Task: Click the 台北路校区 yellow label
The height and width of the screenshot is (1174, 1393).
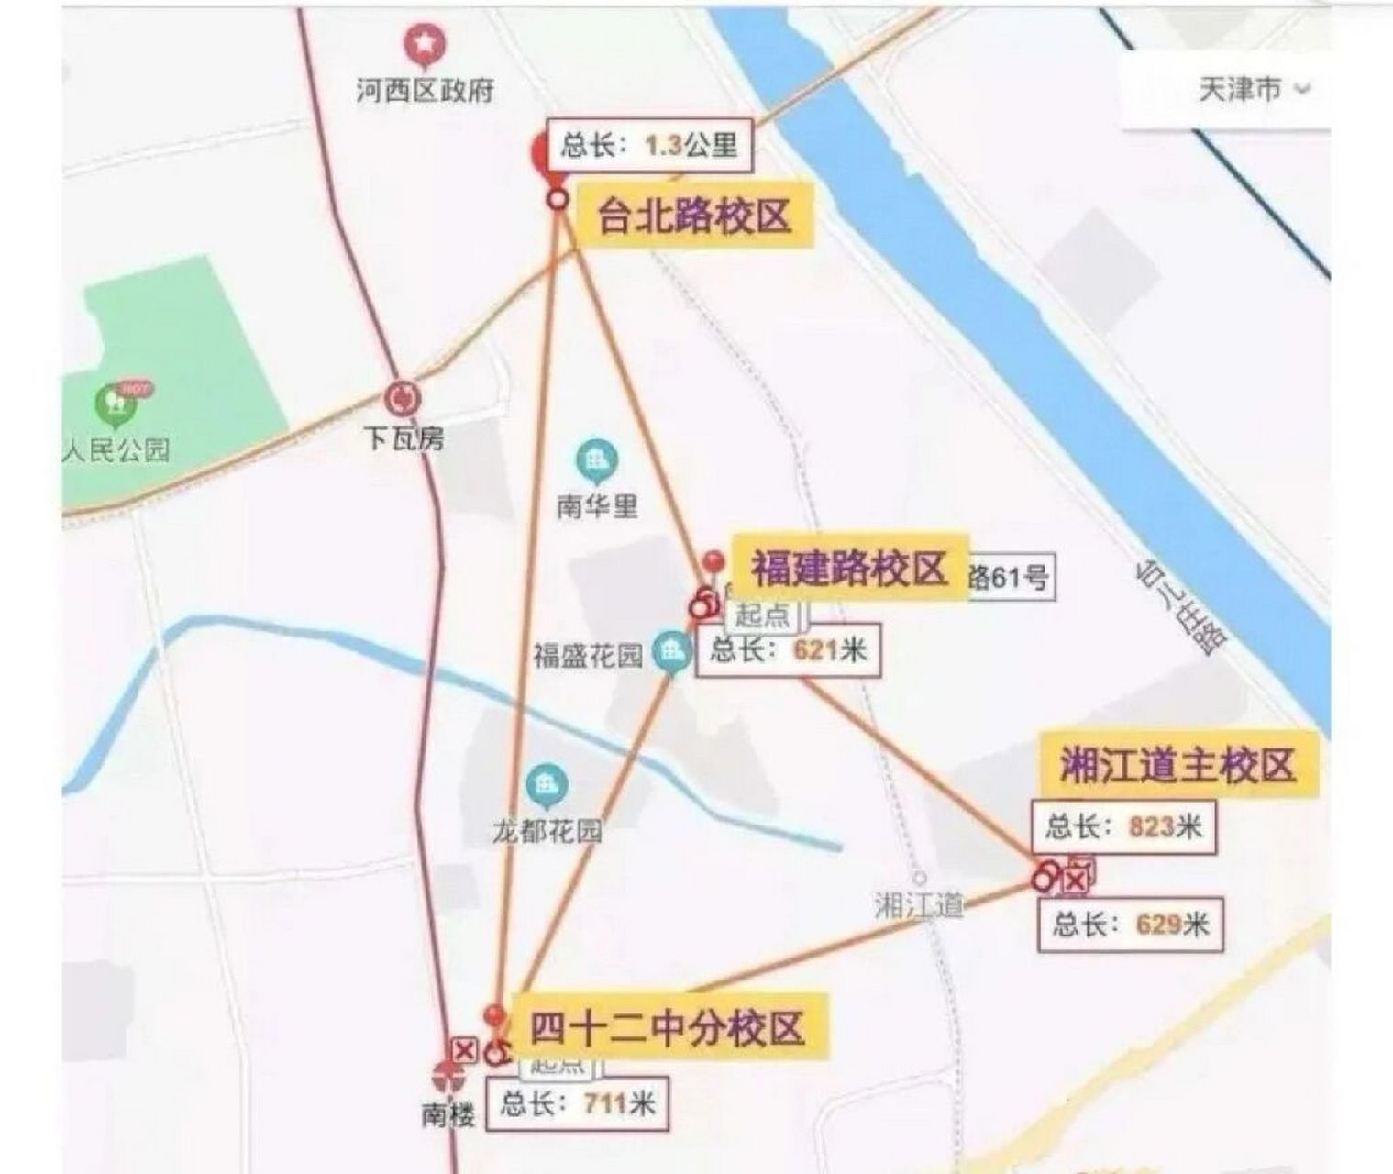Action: (693, 217)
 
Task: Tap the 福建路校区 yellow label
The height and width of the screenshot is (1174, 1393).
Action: (848, 568)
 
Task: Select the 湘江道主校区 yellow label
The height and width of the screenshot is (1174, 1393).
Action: (1178, 765)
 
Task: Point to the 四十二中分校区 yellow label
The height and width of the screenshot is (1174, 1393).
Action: (667, 1026)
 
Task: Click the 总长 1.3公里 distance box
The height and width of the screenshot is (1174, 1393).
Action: (649, 145)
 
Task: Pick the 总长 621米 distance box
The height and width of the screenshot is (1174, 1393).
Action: (788, 650)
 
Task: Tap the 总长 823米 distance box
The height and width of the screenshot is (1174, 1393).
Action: (1123, 826)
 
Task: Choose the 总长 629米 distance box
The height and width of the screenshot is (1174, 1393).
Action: (1130, 924)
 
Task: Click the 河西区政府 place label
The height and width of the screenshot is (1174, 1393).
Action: (425, 91)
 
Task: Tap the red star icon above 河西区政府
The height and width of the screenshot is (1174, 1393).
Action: (425, 44)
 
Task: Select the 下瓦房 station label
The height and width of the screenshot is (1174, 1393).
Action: (404, 439)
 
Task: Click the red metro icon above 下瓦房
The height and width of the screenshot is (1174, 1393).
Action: (403, 399)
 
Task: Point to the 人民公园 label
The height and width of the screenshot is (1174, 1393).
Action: (117, 450)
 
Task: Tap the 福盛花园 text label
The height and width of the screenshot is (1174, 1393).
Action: (588, 656)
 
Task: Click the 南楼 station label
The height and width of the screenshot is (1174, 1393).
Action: (448, 1114)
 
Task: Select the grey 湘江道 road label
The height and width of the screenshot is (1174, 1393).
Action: (919, 905)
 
